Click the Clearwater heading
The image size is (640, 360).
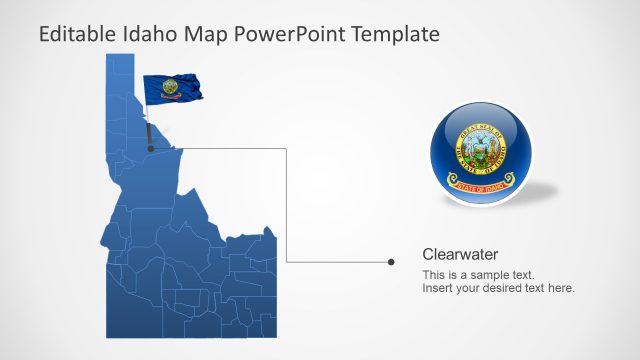[460, 254]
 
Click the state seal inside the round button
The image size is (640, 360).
[481, 147]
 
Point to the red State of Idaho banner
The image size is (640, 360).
[482, 183]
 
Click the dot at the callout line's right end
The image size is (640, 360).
[391, 262]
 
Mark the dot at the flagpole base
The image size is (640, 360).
[151, 148]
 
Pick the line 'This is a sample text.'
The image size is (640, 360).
[478, 275]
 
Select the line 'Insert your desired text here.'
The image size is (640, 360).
[498, 288]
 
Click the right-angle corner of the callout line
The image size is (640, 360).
[288, 149]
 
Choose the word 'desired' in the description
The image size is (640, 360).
[503, 288]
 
